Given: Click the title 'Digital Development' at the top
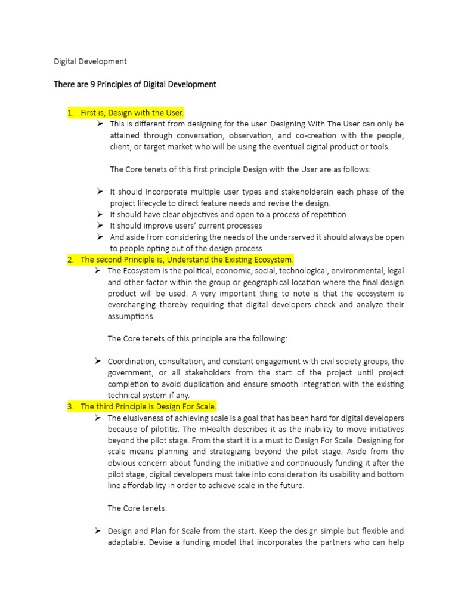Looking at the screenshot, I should (90, 61).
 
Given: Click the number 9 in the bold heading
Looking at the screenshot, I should (93, 84).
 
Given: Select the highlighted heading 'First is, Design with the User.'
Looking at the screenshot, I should (132, 112).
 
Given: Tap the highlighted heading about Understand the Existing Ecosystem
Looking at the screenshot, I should (187, 260).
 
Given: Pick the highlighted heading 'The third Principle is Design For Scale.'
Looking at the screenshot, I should (148, 406).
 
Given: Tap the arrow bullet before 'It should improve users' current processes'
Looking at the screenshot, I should (100, 226).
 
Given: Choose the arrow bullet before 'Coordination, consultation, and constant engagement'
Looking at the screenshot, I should (98, 361).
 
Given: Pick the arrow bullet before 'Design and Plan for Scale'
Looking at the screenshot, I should (98, 530).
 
